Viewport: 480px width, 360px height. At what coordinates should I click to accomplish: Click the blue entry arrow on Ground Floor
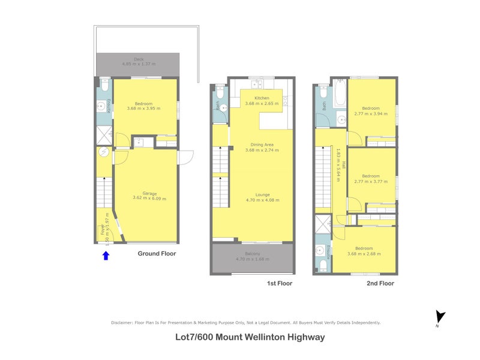[x=106, y=256]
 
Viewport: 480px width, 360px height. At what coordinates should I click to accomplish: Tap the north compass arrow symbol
[x=441, y=316]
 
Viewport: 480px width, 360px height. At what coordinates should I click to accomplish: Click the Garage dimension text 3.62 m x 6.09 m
[x=146, y=198]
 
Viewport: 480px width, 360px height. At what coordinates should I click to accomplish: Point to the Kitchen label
[x=262, y=98]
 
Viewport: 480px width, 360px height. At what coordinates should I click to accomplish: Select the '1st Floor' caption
[x=280, y=283]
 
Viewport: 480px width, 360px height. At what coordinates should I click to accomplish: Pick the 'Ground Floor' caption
[x=157, y=253]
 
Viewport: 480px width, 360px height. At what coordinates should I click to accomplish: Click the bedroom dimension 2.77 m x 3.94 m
[x=371, y=113]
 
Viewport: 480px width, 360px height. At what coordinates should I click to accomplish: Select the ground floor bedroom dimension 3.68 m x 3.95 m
[x=144, y=109]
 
